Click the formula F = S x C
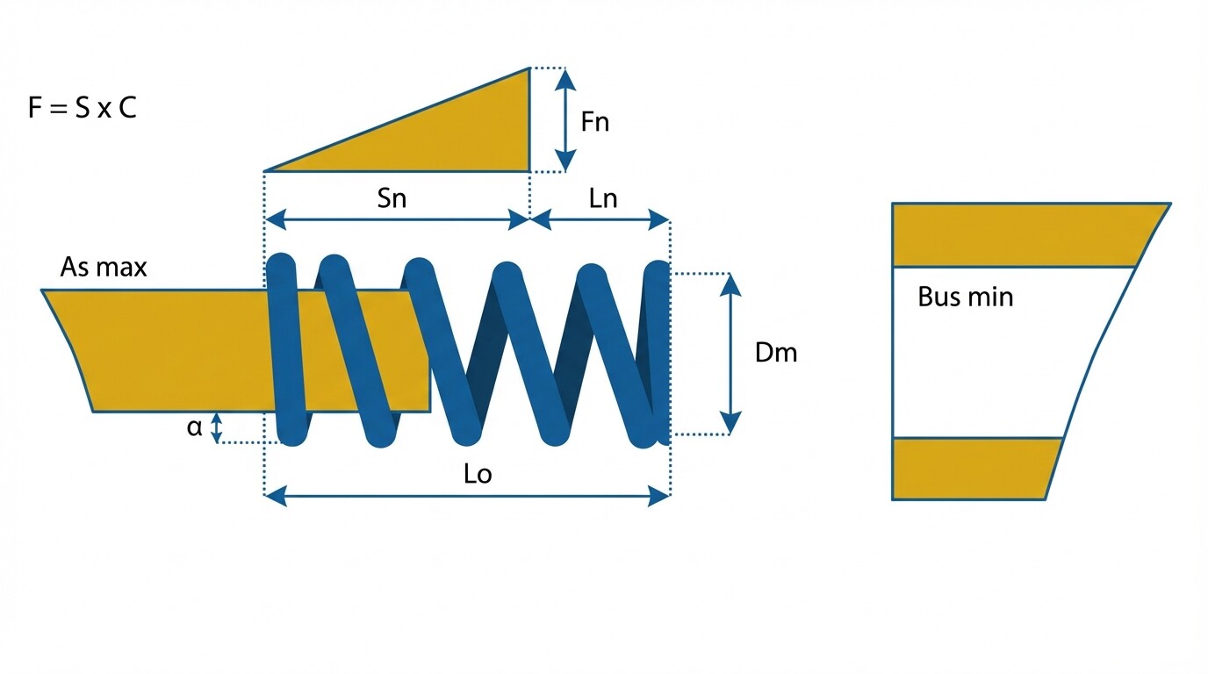pos(83,111)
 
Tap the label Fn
pos(594,121)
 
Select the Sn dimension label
pos(392,198)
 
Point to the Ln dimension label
pos(603,198)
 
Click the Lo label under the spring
pos(478,475)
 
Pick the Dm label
pos(776,353)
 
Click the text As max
pos(104,267)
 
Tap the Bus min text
pos(965,297)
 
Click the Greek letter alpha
pos(194,427)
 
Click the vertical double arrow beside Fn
pos(566,119)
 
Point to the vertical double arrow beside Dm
pos(730,354)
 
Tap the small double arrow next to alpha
pos(217,427)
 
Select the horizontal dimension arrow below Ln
pos(601,220)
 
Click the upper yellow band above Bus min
pos(1018,234)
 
